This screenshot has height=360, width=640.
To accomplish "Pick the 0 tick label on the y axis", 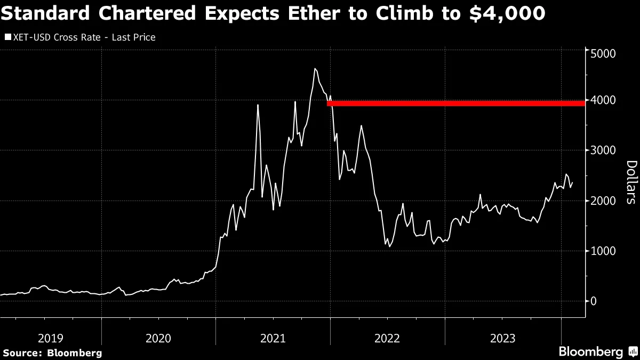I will pyautogui.click(x=593, y=301).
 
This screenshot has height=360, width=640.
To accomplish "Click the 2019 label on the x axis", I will pyautogui.click(x=51, y=338).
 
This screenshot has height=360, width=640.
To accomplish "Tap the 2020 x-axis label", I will pyautogui.click(x=158, y=338).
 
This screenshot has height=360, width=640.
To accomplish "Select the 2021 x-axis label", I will pyautogui.click(x=273, y=338).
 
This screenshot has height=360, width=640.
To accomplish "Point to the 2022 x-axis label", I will pyautogui.click(x=388, y=338).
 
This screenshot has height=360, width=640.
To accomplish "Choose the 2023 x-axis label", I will pyautogui.click(x=502, y=338).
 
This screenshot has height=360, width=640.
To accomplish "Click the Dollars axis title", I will pyautogui.click(x=631, y=182).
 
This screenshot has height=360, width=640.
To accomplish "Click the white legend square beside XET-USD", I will pyautogui.click(x=7, y=37).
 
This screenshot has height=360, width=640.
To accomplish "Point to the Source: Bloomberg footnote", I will pyautogui.click(x=52, y=353).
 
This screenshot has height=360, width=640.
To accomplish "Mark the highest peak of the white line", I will pyautogui.click(x=315, y=68).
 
